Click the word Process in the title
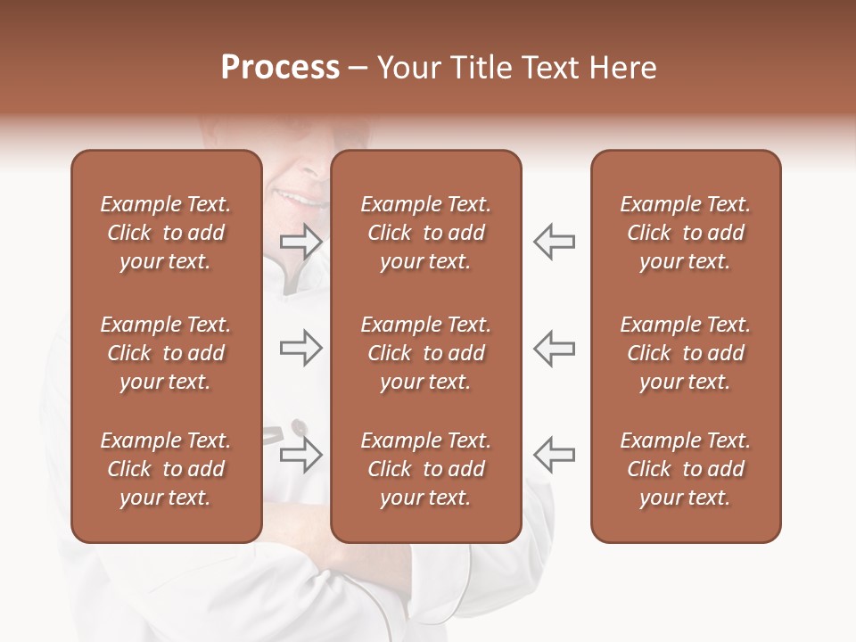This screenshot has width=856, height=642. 280,68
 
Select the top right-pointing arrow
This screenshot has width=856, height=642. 300,242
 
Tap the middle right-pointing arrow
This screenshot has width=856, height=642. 300,348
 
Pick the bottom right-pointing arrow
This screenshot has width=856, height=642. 300,455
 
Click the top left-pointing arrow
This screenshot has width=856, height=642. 554,242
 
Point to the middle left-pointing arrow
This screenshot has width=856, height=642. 554,348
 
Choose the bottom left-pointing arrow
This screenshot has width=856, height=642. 554,455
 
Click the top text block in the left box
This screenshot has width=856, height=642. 166,233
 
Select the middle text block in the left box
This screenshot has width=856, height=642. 166,353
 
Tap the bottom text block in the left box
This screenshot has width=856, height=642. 166,469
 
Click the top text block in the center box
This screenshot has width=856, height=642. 425,233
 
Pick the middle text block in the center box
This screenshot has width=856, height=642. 425,353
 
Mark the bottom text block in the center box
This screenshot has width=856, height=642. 425,469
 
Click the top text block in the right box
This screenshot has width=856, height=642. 686,233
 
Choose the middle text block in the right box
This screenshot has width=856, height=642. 686,353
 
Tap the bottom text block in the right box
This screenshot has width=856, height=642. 686,469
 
